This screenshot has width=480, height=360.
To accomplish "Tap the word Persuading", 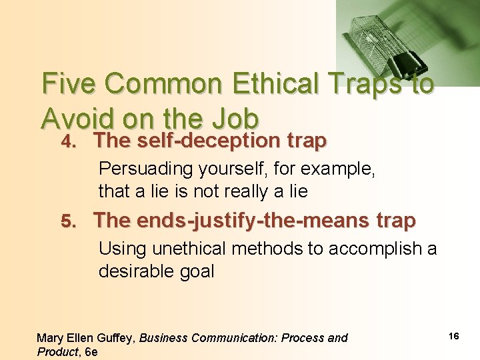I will click(145, 169).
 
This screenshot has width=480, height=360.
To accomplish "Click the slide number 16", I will click(453, 337).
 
